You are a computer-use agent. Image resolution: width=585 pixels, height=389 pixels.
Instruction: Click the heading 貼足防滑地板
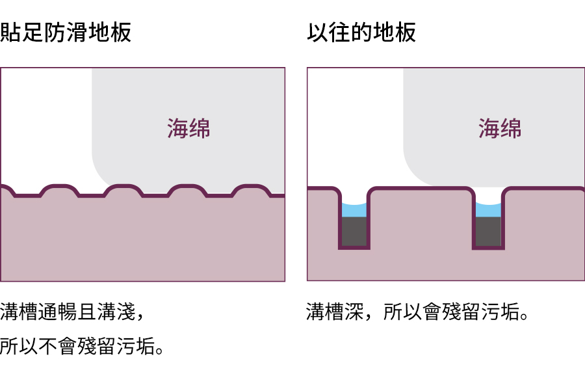coord(66,33)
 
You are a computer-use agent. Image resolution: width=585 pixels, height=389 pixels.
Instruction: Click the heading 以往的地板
coord(361,33)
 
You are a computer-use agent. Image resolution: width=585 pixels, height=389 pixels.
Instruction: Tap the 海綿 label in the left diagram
coord(188,128)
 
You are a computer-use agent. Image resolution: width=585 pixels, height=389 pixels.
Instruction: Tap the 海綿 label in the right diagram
coord(500,128)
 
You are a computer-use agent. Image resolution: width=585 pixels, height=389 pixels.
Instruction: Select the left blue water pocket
coord(354,209)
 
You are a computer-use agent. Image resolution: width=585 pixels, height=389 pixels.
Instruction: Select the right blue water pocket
coord(488,209)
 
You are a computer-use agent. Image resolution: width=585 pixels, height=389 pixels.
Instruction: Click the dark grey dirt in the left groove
coord(354,231)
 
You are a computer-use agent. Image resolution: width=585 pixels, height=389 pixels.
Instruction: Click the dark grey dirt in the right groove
coord(488,231)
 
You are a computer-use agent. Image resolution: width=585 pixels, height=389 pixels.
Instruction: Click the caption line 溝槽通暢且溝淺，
coord(71,312)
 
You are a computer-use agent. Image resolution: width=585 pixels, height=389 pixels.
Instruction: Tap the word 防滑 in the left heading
coord(66,33)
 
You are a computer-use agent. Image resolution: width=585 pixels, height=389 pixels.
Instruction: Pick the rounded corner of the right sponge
coord(416,172)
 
